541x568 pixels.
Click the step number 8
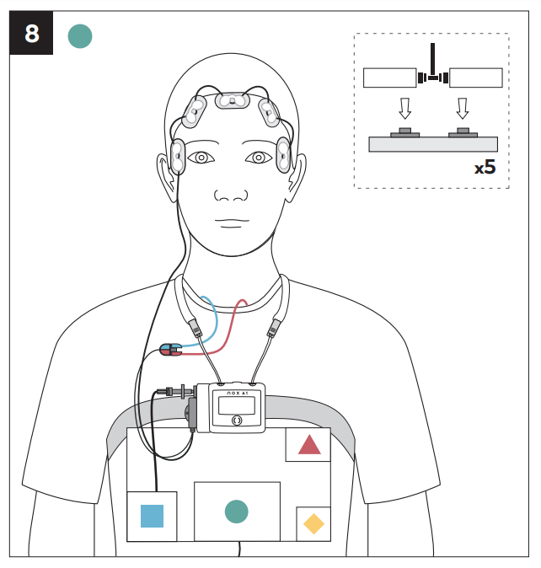(32, 34)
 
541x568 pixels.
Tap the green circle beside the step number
(80, 36)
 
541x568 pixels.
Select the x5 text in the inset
(485, 168)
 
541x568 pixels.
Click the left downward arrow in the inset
(404, 109)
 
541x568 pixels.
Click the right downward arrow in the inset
(463, 109)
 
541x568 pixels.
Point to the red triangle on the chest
(309, 444)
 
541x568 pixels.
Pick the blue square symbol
(152, 516)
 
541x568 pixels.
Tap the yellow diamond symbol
(313, 524)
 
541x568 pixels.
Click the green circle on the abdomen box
(237, 512)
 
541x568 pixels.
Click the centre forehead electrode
(233, 100)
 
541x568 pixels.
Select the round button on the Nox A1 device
(237, 421)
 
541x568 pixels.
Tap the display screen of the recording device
(237, 405)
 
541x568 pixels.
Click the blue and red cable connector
(170, 350)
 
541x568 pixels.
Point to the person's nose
(231, 195)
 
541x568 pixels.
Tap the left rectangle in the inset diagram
(389, 78)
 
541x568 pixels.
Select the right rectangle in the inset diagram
(476, 78)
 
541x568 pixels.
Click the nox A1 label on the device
(237, 393)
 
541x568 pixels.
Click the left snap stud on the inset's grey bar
(404, 132)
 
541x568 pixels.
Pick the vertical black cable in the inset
(433, 60)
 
